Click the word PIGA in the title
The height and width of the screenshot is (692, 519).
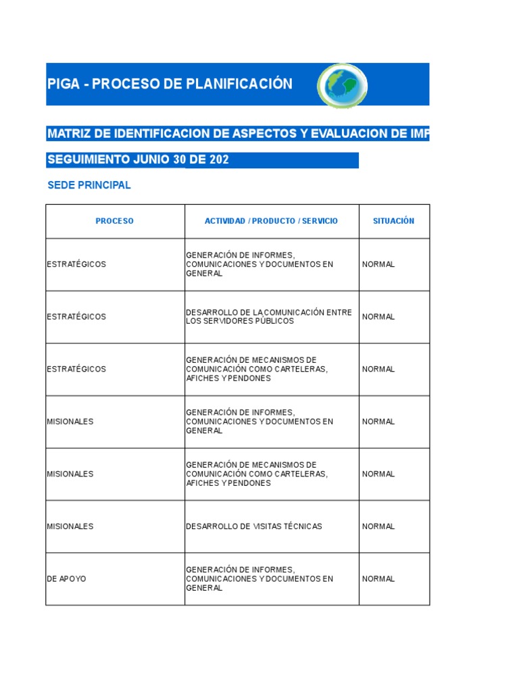(64, 84)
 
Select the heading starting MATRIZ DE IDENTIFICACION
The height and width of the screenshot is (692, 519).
(237, 133)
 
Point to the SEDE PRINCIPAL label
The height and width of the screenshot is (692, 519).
(89, 185)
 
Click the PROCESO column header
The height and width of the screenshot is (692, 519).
(115, 221)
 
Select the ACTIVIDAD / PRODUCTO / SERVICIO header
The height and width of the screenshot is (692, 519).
(271, 221)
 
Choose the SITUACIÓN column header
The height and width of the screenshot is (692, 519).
(393, 221)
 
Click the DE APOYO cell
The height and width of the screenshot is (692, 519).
(66, 579)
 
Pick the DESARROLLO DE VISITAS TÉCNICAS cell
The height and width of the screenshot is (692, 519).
(254, 526)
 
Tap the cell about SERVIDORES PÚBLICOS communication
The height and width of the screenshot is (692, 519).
(269, 316)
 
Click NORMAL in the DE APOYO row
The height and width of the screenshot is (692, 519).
(378, 579)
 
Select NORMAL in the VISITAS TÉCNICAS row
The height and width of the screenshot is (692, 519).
(378, 526)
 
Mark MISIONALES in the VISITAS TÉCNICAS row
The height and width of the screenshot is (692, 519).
(70, 526)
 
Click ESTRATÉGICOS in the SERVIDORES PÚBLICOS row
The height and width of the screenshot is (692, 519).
(76, 317)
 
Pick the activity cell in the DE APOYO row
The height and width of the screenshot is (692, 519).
(259, 579)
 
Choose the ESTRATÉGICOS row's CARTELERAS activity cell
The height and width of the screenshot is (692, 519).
(257, 369)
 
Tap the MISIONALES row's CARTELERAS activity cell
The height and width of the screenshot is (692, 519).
(257, 474)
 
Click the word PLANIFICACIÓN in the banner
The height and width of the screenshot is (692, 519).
(242, 84)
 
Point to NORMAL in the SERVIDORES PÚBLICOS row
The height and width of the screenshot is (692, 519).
(378, 317)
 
